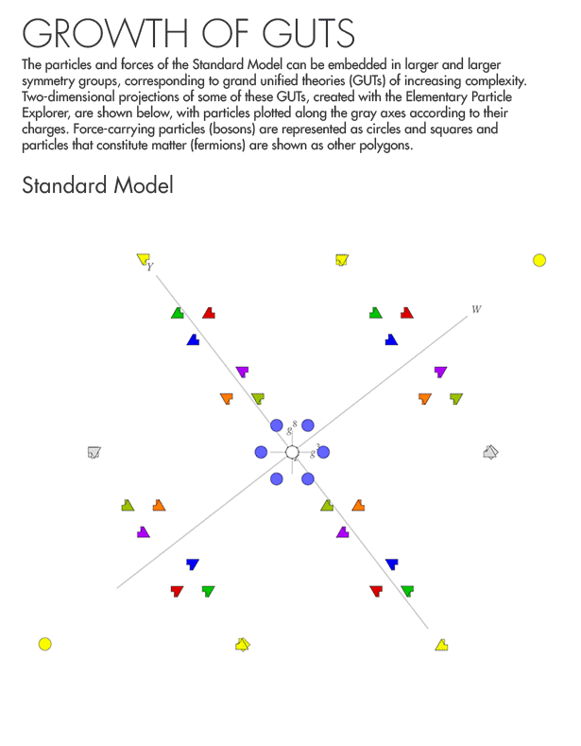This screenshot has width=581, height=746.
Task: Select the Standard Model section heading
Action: (97, 184)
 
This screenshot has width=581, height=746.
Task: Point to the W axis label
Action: (476, 309)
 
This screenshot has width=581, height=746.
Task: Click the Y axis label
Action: (150, 268)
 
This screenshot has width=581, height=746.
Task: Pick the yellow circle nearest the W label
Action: (539, 260)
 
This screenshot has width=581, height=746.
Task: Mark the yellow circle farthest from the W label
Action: (44, 644)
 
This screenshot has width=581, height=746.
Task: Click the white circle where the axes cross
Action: (292, 452)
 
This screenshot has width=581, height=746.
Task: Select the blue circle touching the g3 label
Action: (323, 452)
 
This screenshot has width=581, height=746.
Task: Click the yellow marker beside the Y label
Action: (143, 258)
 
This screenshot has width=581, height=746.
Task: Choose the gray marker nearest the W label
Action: (489, 452)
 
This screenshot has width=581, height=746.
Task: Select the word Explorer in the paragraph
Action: (44, 113)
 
